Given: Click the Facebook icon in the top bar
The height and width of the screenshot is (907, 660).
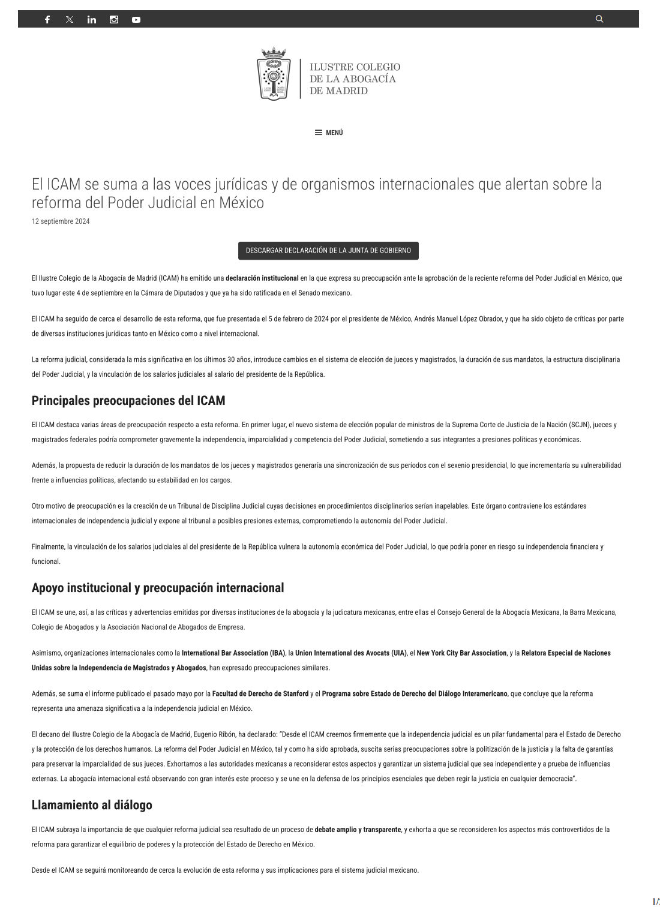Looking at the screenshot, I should coord(47,19).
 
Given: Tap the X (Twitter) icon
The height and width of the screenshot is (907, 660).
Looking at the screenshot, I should coord(70,19).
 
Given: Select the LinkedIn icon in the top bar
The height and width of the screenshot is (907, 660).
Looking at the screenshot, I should coord(92,19).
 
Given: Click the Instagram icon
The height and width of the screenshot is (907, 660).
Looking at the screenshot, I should coord(114,19).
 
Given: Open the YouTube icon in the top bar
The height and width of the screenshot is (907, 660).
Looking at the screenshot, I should coord(136,19).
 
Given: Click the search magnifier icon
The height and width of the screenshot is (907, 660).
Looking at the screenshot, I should coord(599,19).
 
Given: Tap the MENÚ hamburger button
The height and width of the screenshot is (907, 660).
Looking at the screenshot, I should coord(329,133).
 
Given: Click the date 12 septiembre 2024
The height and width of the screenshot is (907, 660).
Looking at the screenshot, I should coord(61,221).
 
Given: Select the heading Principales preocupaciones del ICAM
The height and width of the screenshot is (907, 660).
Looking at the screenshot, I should coord(128,400).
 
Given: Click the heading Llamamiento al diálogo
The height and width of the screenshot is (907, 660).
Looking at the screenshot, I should coord(92,805).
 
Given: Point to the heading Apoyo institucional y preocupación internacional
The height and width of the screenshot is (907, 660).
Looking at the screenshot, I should coord(158,588).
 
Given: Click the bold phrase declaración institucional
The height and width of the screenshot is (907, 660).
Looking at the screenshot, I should coord(262,278).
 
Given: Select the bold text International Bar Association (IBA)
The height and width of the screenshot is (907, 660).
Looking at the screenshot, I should coord(233,653).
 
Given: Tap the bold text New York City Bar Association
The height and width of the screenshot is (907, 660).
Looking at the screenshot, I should coord(461,653).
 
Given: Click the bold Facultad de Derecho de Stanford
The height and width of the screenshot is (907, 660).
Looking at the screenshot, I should coord(260,694).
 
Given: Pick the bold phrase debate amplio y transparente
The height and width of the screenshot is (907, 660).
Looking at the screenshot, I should coord(358,830).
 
